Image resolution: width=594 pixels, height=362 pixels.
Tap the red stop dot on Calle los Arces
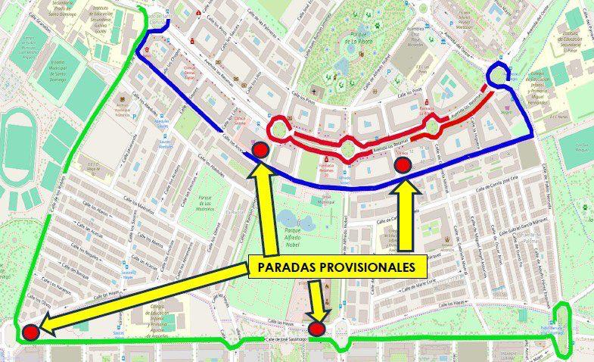click(x=261, y=149)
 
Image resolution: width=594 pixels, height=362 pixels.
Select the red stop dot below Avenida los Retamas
click(x=403, y=164)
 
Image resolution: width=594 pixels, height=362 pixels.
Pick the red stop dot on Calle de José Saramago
click(x=317, y=329)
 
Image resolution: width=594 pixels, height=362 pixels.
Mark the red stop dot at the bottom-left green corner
click(x=30, y=332)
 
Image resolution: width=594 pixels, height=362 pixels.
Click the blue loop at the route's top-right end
click(x=499, y=74)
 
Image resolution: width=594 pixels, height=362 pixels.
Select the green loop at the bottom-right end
click(x=564, y=332)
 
